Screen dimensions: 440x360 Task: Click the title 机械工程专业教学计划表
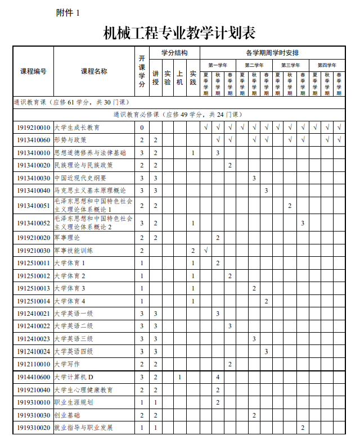coord(179,33)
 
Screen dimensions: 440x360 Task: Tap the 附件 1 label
coord(68,12)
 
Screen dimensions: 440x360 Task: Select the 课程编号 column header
coord(33,71)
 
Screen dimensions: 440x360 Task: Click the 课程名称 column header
coord(94,71)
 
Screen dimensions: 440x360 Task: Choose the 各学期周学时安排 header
coord(272,53)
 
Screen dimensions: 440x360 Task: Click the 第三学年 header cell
coord(290,65)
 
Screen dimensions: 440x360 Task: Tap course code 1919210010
coord(33,128)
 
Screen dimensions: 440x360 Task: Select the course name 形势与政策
coord(70,140)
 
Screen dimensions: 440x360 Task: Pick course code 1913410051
coord(33,206)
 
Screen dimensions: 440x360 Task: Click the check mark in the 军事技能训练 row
coord(206,250)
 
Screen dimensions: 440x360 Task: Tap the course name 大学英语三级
coord(74,339)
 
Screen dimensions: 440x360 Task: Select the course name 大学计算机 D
coord(74,377)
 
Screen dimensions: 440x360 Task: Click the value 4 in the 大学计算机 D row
coord(218,377)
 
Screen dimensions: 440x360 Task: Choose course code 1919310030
coord(33,415)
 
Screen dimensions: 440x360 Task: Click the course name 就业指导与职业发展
coord(84,428)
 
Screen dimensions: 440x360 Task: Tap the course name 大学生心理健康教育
coord(84,390)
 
